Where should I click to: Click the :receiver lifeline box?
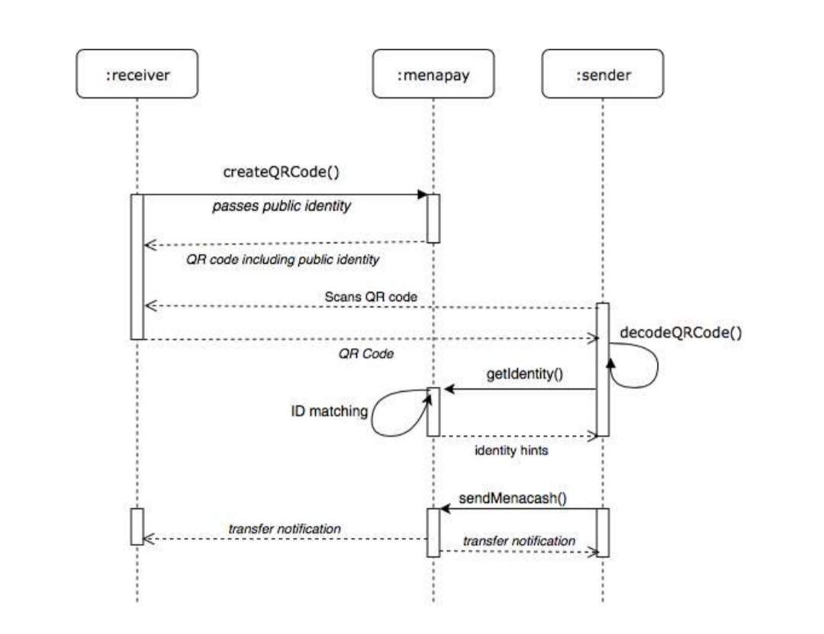tap(137, 74)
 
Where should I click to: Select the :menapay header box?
tap(433, 74)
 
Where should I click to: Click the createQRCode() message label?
tap(281, 172)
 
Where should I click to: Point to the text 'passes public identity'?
tap(282, 206)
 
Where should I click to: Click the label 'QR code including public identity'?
tap(282, 260)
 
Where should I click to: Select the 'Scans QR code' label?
tap(372, 296)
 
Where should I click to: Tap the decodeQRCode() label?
tap(681, 332)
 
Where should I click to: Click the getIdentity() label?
tap(526, 374)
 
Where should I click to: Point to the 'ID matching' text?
tap(329, 411)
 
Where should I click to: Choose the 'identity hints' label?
tap(511, 450)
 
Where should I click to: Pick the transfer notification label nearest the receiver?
tap(285, 528)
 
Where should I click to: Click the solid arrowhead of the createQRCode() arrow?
tap(421, 195)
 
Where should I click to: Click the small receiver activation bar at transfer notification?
tap(137, 526)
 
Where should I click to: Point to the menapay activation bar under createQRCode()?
tap(433, 219)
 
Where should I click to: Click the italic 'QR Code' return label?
tap(366, 354)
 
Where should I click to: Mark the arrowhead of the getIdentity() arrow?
tap(449, 389)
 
